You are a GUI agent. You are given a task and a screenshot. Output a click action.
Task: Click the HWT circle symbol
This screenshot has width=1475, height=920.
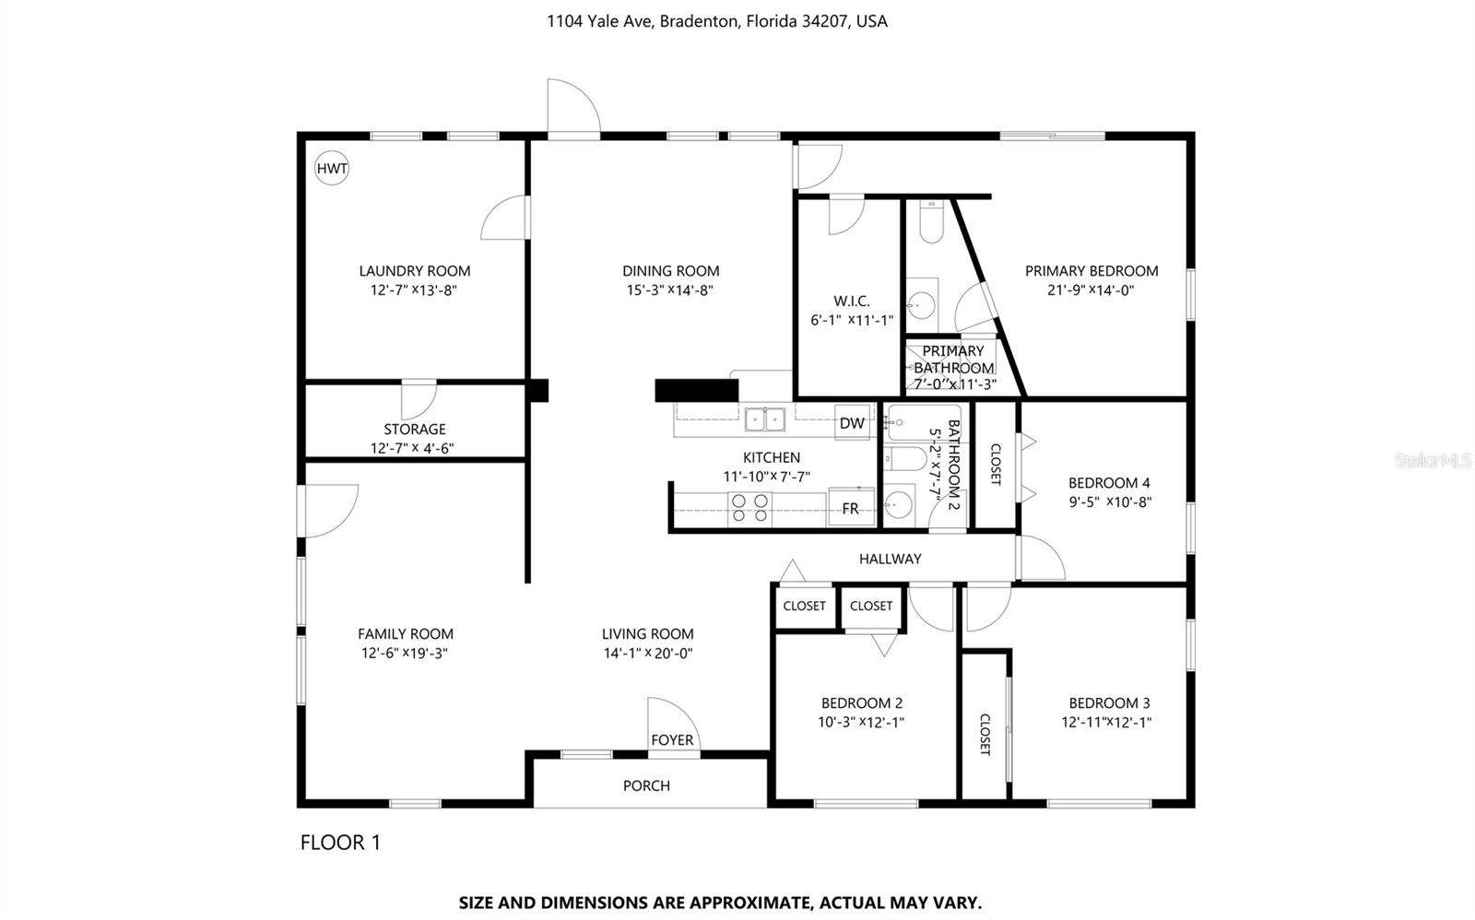tap(332, 169)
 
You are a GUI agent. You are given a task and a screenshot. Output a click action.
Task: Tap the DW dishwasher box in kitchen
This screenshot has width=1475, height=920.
tap(852, 423)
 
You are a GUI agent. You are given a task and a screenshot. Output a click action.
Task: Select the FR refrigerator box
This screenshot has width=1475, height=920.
tap(850, 508)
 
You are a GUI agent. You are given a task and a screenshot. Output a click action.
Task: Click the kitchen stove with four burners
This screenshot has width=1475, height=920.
tap(749, 509)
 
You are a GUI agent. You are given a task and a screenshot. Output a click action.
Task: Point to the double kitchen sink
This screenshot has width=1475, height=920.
tap(765, 420)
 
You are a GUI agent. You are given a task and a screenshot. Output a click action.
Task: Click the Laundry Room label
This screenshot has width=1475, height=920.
tap(414, 271)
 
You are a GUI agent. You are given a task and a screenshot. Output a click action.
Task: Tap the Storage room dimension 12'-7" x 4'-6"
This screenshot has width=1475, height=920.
tap(414, 449)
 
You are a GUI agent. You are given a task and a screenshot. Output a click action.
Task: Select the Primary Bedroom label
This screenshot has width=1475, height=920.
tap(1091, 271)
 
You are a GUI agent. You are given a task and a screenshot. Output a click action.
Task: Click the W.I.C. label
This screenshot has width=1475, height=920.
tap(851, 301)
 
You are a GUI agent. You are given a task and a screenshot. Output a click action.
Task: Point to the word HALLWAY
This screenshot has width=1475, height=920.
tap(890, 559)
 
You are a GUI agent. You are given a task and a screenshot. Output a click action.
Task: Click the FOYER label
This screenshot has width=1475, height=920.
tap(672, 740)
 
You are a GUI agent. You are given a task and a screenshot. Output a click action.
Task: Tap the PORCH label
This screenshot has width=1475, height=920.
tap(646, 785)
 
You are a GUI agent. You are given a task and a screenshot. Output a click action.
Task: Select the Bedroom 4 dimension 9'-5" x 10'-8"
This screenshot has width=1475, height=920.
tap(1109, 502)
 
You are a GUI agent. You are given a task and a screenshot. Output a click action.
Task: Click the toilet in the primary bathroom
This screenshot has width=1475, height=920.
tap(931, 223)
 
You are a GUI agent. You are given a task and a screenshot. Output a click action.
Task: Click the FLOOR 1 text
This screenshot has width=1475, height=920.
tap(340, 843)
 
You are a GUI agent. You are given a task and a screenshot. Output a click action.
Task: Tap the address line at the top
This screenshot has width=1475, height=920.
tap(716, 21)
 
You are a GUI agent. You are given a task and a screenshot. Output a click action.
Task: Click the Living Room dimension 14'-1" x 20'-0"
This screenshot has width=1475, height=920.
tap(647, 654)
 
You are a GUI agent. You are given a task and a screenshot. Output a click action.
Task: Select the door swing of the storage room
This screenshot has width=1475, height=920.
tap(419, 398)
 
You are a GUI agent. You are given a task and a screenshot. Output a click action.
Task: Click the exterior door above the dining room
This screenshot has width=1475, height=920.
tap(573, 109)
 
